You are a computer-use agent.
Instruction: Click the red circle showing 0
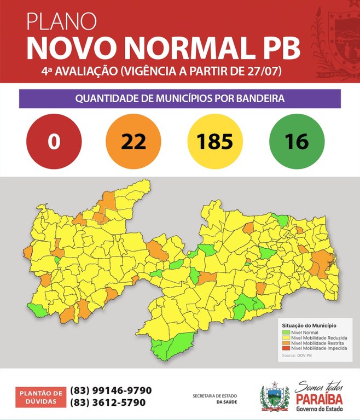point(54,141)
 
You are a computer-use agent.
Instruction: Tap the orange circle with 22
point(133,141)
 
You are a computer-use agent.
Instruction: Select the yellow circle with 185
point(215,141)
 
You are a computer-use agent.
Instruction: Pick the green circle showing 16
point(297,141)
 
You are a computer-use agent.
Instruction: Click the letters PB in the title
point(280,48)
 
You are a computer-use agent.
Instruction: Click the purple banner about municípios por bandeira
point(180,99)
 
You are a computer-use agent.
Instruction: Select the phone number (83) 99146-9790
point(111,390)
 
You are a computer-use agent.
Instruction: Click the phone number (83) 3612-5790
point(108,402)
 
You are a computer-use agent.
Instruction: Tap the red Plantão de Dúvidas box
point(41,396)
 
